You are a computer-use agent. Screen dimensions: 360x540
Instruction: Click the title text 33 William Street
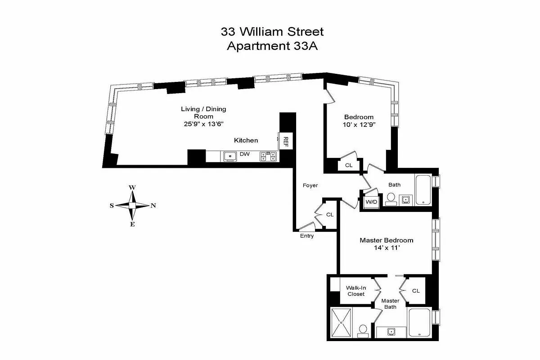[272, 31]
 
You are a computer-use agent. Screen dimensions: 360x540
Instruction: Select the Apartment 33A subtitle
[272, 46]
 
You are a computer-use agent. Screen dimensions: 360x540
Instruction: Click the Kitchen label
[246, 140]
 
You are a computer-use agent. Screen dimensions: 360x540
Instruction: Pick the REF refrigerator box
[285, 141]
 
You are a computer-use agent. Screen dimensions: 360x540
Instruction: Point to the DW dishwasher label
[244, 154]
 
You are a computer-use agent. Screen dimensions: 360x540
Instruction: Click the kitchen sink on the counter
[230, 156]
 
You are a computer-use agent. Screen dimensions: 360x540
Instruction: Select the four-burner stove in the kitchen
[268, 156]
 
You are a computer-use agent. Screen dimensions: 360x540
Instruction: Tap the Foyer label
[310, 185]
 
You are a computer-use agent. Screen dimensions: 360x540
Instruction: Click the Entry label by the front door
[306, 236]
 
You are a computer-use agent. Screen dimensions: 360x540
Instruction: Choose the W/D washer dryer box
[371, 202]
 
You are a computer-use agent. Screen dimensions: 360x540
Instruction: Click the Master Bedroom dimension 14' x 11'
[386, 248]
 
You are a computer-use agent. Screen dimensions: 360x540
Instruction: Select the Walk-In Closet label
[355, 291]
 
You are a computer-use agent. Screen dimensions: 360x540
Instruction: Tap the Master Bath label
[390, 304]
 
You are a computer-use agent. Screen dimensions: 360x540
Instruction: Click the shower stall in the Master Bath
[341, 323]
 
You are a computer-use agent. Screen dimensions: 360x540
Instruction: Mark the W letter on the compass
[132, 187]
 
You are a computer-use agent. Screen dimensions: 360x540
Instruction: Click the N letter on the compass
[153, 206]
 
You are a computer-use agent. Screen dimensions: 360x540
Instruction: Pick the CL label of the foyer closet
[329, 215]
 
